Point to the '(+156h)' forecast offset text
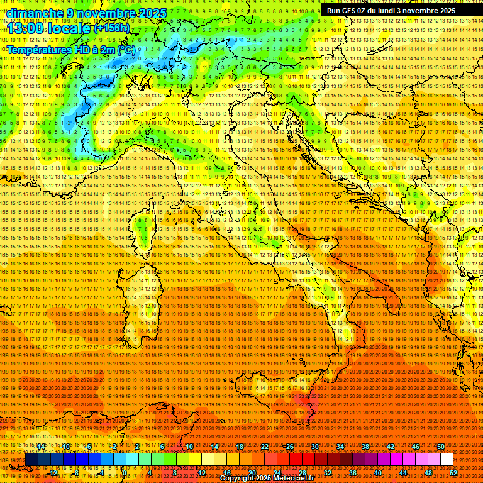112,28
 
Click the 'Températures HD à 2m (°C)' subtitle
70,49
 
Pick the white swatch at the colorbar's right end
447,460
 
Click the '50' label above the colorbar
441,447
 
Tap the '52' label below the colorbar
453,472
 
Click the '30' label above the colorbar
315,447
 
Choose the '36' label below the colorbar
353,472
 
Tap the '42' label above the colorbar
391,447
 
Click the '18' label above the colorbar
240,447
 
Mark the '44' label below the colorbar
403,472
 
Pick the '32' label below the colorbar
328,472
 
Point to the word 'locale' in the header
69,28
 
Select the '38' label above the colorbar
365,447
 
